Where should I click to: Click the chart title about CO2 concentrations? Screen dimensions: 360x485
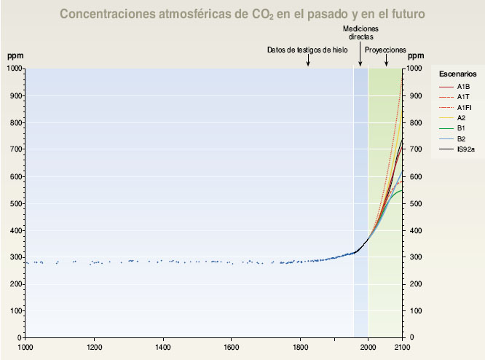[x=242, y=13]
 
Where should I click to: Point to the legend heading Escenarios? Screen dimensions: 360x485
[x=458, y=74]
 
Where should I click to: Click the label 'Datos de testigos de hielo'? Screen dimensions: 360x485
[x=307, y=50]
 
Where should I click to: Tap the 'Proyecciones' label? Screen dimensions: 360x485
[x=385, y=50]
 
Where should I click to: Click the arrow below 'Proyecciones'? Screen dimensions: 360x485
[x=386, y=60]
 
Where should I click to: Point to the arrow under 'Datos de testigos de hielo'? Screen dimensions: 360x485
[x=308, y=60]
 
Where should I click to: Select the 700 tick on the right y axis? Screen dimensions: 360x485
[x=415, y=149]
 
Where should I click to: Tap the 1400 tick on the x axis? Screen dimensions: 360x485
[x=162, y=348]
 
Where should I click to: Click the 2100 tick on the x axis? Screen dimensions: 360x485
[x=402, y=348]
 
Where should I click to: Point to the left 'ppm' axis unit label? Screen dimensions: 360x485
[x=15, y=55]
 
